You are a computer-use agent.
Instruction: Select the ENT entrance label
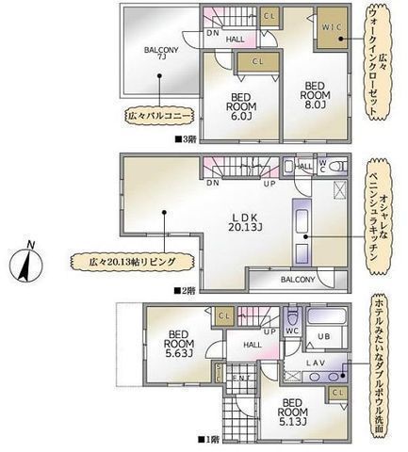coord(241,379)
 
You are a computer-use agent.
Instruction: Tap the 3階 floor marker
coord(185,138)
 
